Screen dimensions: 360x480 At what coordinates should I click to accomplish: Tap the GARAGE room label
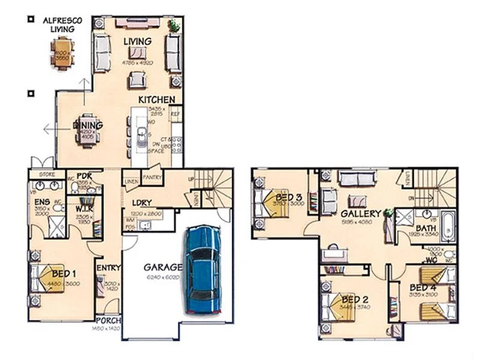point(162,266)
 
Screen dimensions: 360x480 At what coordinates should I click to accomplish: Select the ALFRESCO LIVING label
point(62,24)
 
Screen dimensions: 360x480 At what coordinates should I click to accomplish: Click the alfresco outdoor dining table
point(62,52)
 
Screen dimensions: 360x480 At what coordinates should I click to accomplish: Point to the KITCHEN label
point(157,100)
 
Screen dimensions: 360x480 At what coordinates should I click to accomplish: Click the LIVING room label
point(137,41)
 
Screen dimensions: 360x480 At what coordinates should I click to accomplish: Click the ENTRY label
point(109,268)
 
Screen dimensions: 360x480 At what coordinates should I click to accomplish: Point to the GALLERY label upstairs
point(361,214)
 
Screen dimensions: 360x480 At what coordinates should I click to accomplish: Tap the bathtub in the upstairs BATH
point(447,223)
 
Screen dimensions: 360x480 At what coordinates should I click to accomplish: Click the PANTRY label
point(152,177)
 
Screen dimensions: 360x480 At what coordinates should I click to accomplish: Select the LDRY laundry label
point(142,203)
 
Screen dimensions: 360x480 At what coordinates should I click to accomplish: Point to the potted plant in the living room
point(175,25)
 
